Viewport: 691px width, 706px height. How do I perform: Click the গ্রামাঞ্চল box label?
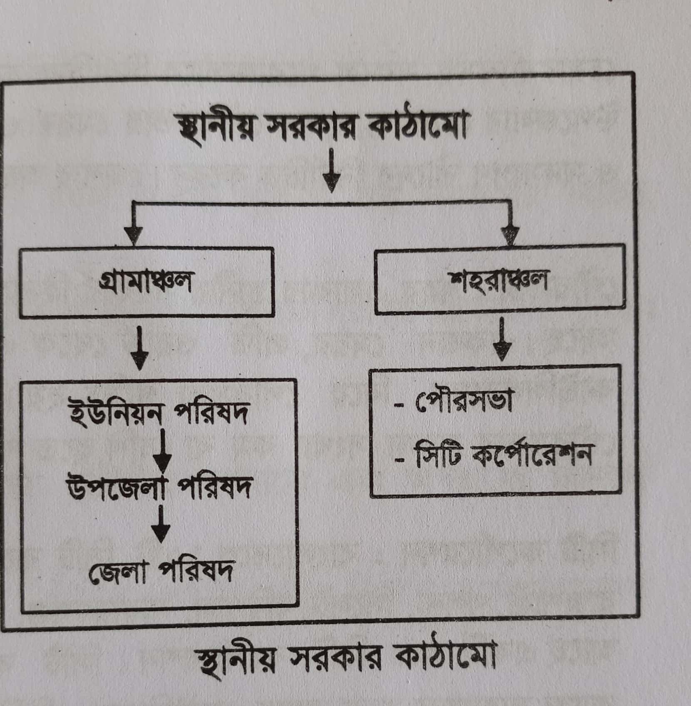[x=145, y=283]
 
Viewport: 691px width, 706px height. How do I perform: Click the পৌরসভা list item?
[x=463, y=403]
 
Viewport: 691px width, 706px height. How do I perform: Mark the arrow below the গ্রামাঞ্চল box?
[x=139, y=348]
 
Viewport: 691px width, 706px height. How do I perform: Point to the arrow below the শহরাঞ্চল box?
[x=503, y=339]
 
